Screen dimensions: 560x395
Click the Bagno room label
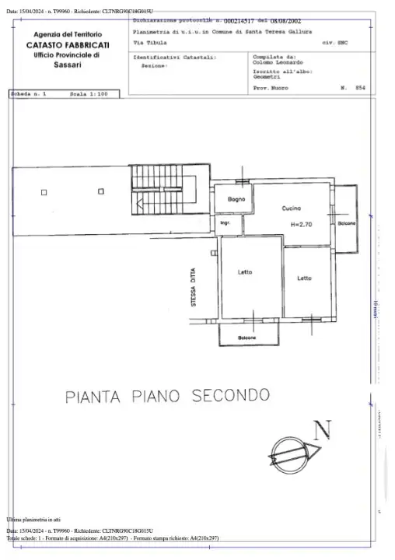coord(236,201)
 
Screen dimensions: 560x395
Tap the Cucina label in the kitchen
coord(292,208)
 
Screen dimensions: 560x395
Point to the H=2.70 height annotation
coord(301,224)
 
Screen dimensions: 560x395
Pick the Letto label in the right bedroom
coord(304,278)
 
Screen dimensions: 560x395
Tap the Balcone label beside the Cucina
coord(347,224)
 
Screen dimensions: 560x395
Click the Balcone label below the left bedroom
coord(247,338)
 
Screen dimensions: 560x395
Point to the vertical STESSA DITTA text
coord(193,290)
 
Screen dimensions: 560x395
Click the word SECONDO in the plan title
coord(221,396)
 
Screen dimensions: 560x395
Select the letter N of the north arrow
coord(323,429)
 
